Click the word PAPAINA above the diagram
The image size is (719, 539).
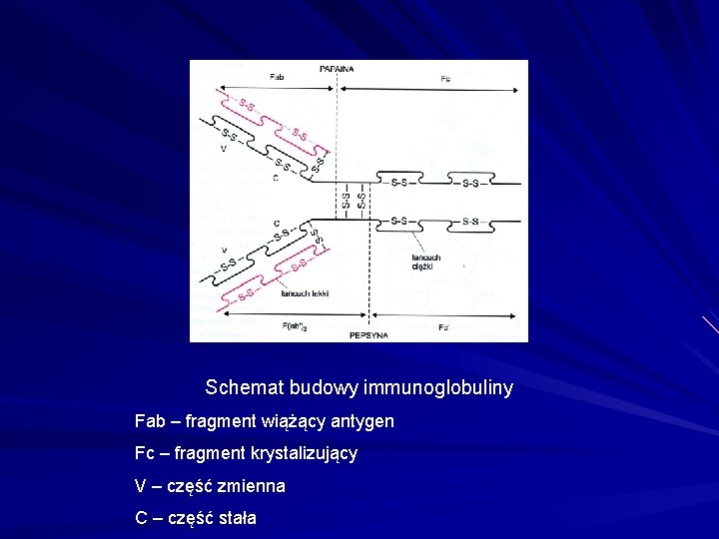(337, 68)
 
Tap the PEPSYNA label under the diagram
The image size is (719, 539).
(369, 335)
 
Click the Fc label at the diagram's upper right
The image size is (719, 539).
(445, 78)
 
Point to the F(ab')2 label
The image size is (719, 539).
(293, 325)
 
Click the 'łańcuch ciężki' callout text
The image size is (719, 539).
(426, 263)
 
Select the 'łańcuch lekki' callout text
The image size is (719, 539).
(305, 293)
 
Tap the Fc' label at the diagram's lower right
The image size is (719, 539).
(443, 326)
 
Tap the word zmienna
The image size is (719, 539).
(255, 486)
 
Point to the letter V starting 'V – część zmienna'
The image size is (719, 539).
(141, 486)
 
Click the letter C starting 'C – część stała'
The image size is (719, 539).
(142, 518)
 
